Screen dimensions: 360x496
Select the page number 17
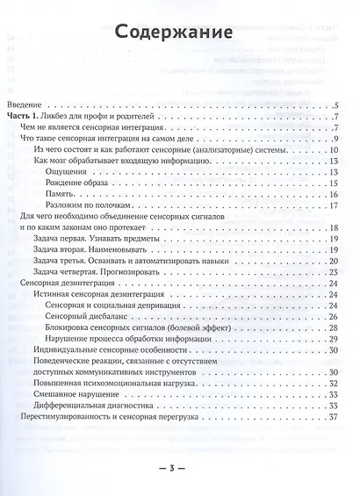(x=333, y=205)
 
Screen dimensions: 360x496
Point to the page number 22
(x=333, y=272)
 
